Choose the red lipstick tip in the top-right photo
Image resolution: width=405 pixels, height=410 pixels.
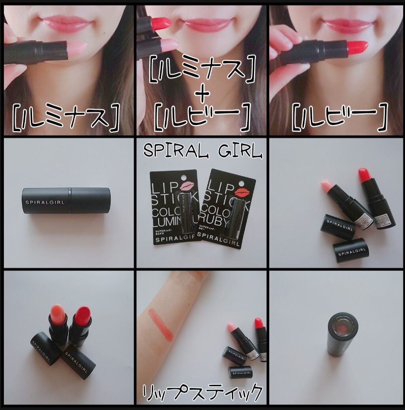357,47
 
